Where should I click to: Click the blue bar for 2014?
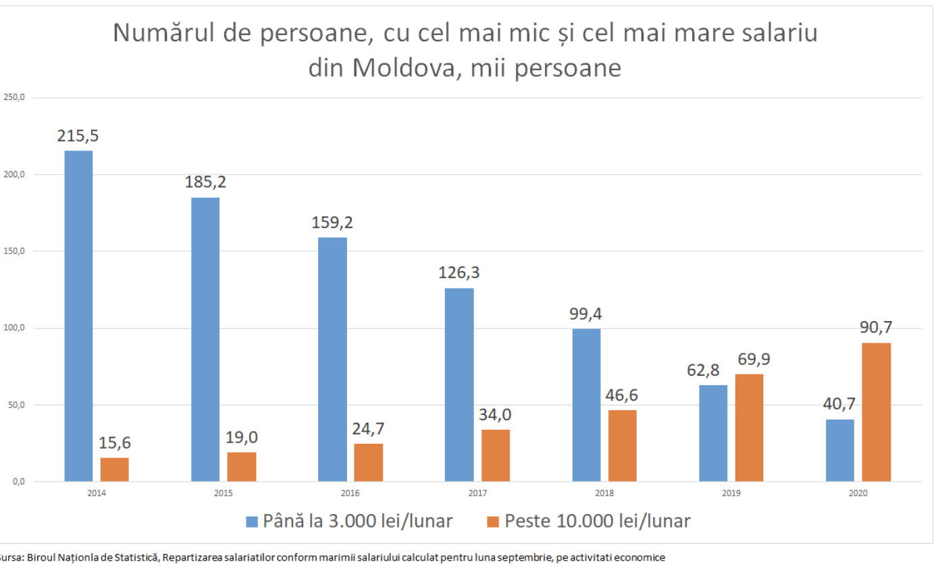pos(78,316)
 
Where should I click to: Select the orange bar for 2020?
pos(877,412)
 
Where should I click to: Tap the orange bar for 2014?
pos(115,470)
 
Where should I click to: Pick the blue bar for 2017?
pos(459,385)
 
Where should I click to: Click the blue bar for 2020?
pos(840,450)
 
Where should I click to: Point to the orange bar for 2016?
pos(368,462)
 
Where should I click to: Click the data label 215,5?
pos(78,136)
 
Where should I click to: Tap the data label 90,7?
pos(876,327)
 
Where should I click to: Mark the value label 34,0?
pos(496,414)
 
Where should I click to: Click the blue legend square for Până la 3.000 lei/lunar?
pos(252,521)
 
